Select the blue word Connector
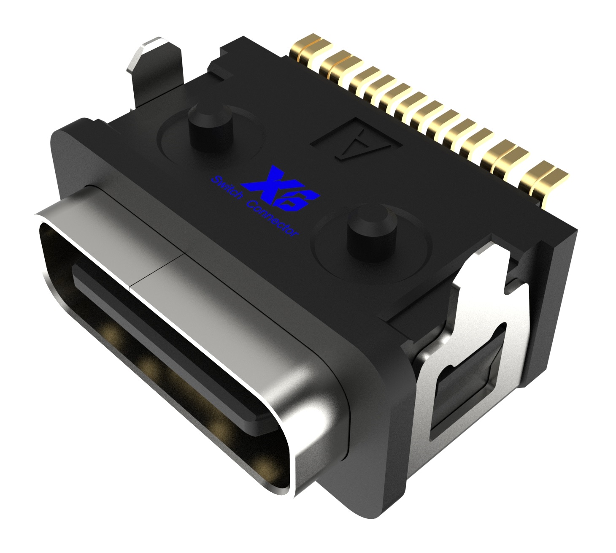coord(270,220)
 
